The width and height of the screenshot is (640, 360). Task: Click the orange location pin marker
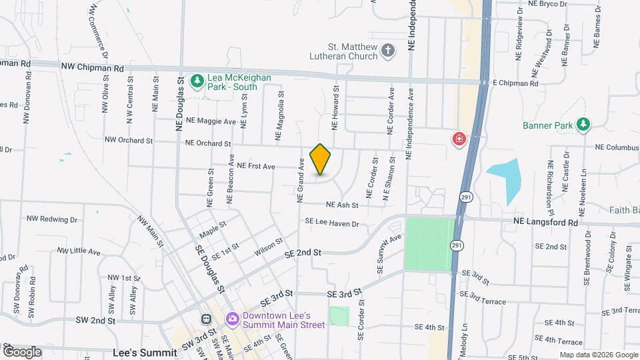tap(321, 159)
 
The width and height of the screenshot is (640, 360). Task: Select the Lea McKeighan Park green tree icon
tap(197, 81)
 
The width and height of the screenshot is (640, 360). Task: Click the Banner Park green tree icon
tap(583, 124)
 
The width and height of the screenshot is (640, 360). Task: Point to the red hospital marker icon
tap(459, 139)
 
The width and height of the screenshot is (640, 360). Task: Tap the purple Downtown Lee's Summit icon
tap(232, 319)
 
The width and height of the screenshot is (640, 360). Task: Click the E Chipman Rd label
tap(515, 83)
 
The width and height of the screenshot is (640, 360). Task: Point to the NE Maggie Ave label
tap(211, 121)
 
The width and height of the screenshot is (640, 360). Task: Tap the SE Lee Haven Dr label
tap(332, 223)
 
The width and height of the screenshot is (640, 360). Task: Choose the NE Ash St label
tap(343, 205)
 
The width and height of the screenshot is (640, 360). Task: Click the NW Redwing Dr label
tap(52, 219)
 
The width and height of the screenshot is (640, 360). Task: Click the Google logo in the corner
tap(21, 351)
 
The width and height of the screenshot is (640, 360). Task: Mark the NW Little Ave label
tap(79, 251)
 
